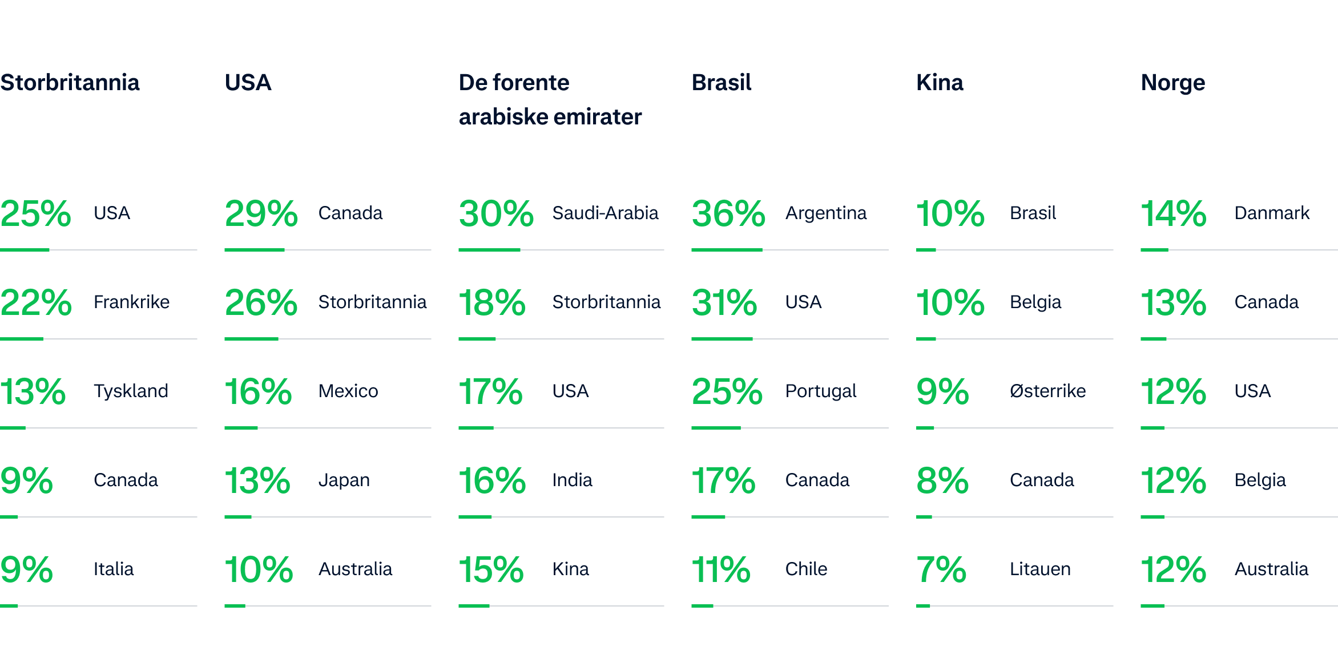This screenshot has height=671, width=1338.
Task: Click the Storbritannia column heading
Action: pos(70,83)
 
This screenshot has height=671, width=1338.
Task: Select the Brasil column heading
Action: pos(722,83)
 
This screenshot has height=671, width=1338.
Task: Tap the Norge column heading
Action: pos(1173,83)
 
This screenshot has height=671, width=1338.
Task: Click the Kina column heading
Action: pos(940,83)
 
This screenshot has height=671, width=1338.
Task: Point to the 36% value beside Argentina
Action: pos(728,213)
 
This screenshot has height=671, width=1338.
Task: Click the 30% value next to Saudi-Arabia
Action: pos(495,213)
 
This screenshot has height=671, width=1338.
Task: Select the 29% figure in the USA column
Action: pos(261,213)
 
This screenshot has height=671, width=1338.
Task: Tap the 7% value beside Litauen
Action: pos(941,569)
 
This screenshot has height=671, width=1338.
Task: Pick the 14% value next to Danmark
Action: pos(1173,213)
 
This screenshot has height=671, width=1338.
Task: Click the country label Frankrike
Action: pos(131,302)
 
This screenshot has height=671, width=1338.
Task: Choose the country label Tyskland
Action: pos(131,391)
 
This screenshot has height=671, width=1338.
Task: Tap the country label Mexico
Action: pos(348,391)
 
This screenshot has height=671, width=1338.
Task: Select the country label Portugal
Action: pos(821,391)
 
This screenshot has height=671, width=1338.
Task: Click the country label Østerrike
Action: pos(1047,391)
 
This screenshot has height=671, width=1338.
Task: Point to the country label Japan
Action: pos(344,480)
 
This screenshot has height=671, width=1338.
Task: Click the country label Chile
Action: pos(806,569)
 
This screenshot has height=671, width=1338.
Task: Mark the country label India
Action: pos(572,480)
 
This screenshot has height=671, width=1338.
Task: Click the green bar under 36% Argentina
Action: pos(727,250)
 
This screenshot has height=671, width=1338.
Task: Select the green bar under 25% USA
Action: pos(25,250)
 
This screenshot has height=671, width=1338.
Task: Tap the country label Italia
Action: pos(114,569)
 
